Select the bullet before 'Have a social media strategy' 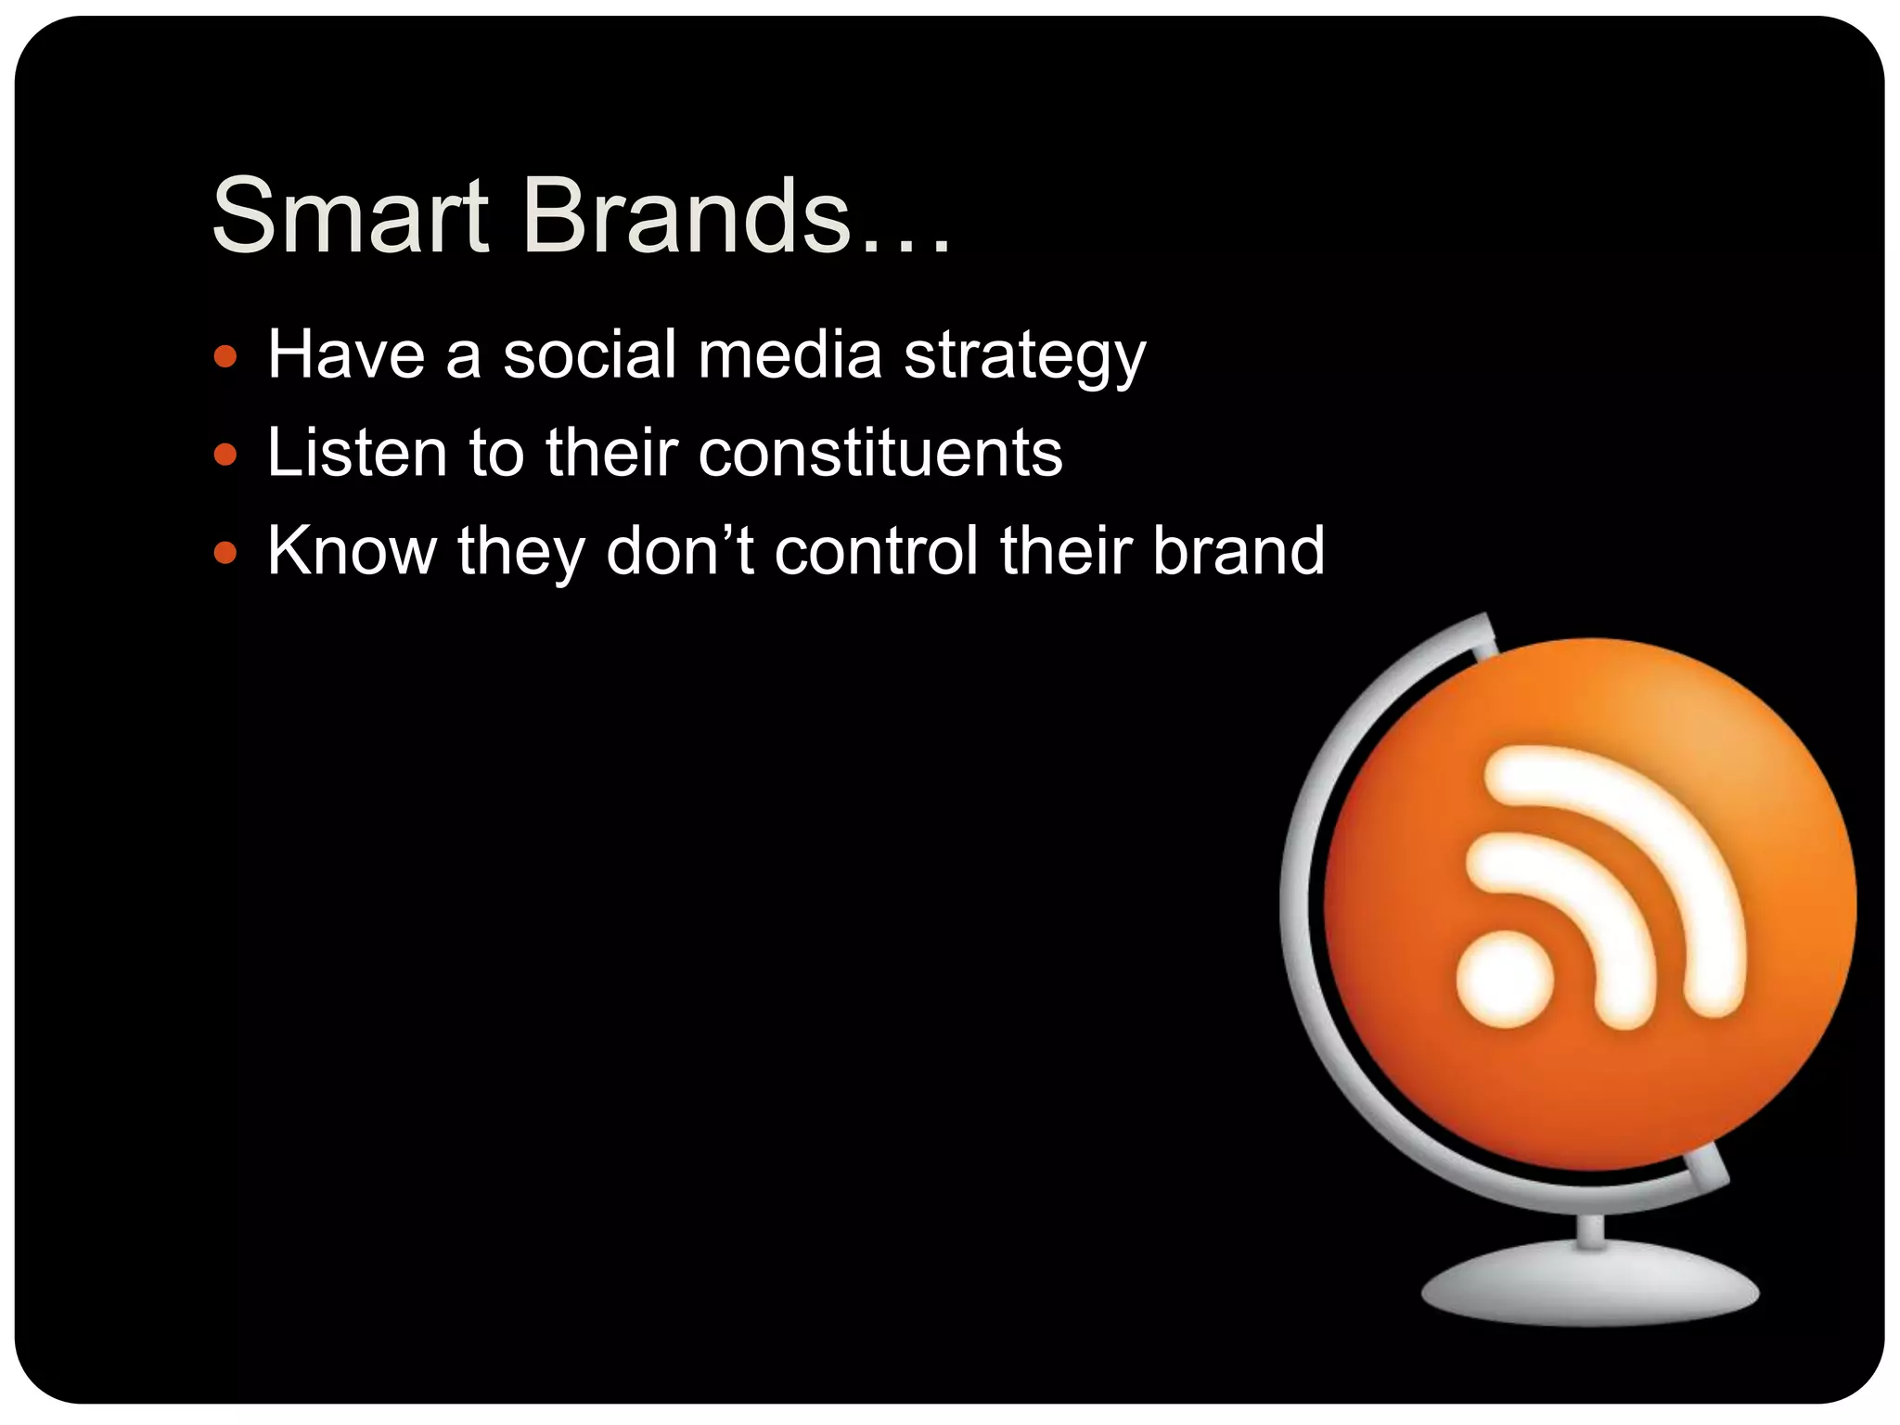[x=225, y=356]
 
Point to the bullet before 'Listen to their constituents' [x=225, y=455]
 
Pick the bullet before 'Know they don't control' [x=225, y=553]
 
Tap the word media [x=790, y=354]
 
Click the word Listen [x=357, y=453]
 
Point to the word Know [x=352, y=551]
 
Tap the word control [x=876, y=551]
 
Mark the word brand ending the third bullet [x=1238, y=551]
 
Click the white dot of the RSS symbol [x=1504, y=979]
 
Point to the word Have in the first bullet [x=346, y=354]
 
